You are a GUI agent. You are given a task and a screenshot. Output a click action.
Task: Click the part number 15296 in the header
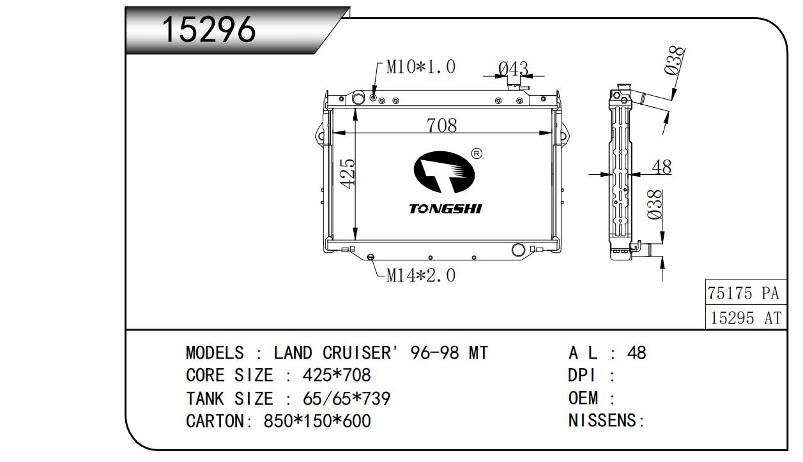(209, 29)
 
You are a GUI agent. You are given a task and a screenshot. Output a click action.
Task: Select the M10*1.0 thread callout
(420, 67)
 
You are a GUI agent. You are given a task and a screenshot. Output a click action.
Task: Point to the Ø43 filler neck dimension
(514, 68)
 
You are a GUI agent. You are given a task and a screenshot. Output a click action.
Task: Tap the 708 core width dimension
(441, 125)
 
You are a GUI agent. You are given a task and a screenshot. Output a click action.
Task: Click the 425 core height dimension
(348, 174)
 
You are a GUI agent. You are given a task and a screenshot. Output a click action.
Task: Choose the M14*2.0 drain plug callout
(420, 276)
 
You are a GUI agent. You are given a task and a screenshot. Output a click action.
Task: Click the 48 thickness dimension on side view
(662, 167)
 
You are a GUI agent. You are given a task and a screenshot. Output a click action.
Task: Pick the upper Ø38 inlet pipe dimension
(674, 61)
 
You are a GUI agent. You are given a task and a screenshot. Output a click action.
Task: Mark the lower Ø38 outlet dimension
(655, 204)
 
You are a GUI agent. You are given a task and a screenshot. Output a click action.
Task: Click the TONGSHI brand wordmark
(445, 209)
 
